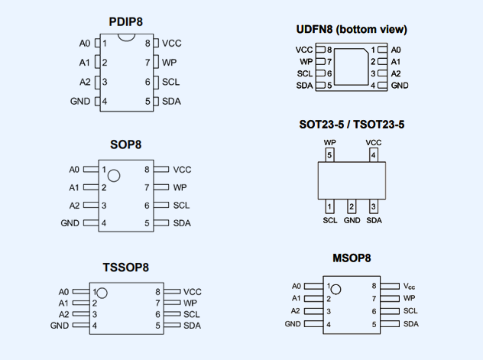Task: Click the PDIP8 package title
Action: click(127, 21)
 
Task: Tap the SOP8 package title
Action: click(126, 144)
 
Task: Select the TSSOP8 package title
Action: click(126, 268)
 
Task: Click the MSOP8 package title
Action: click(352, 259)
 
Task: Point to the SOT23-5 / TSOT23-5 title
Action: click(352, 125)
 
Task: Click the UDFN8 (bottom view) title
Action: click(352, 30)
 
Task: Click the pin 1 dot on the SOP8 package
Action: click(114, 176)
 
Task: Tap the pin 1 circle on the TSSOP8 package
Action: click(101, 293)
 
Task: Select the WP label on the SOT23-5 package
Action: click(329, 142)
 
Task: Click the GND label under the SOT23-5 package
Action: click(352, 221)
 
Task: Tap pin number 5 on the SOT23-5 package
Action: click(329, 156)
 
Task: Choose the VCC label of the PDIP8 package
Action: click(172, 43)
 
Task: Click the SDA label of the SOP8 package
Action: click(182, 223)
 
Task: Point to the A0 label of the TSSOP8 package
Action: click(63, 292)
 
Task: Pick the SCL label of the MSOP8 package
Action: click(410, 311)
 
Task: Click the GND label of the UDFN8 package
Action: click(400, 85)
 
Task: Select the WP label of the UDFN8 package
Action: click(306, 61)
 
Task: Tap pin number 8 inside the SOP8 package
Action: click(146, 170)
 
